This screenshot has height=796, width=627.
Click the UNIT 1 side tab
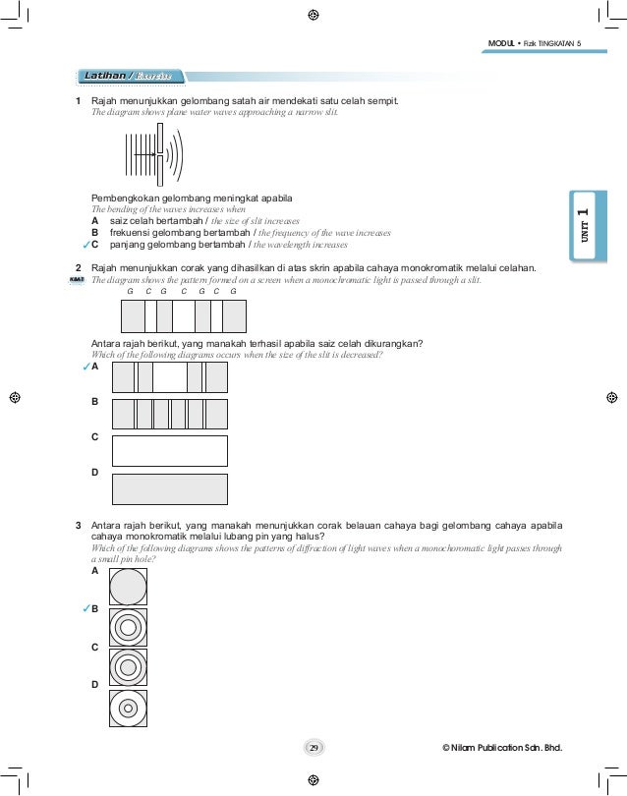click(x=582, y=225)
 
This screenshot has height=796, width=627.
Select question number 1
click(x=80, y=100)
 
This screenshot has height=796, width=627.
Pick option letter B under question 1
click(x=95, y=233)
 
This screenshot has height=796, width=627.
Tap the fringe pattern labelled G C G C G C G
click(x=183, y=315)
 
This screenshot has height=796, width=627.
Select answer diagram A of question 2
click(x=170, y=377)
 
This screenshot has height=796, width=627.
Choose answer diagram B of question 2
click(x=170, y=414)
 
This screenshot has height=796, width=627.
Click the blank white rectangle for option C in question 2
click(x=170, y=450)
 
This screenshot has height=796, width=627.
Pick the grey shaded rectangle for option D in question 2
click(x=170, y=488)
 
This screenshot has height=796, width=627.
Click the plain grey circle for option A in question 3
click(x=129, y=587)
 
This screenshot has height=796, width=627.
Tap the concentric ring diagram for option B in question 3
click(x=129, y=626)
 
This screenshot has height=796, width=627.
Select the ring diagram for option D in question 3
click(x=129, y=705)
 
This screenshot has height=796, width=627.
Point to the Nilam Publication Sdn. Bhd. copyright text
click(x=508, y=750)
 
